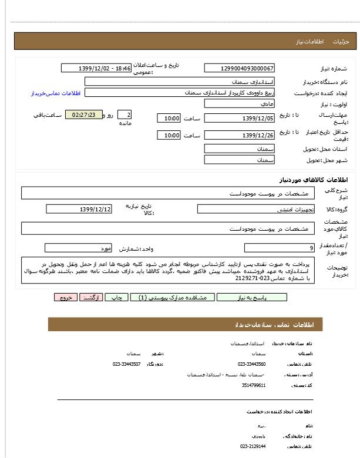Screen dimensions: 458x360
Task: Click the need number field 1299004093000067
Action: (x=240, y=69)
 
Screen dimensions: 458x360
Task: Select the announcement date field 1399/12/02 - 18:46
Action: (x=95, y=69)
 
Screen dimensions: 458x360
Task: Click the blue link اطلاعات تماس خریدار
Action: (x=55, y=93)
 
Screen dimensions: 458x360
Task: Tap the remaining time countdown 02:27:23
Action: (x=84, y=114)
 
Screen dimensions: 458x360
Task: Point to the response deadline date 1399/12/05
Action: (x=240, y=118)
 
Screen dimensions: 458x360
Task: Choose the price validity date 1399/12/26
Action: (x=240, y=136)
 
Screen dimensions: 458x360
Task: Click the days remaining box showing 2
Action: (x=125, y=114)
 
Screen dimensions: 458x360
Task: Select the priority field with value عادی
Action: (x=240, y=104)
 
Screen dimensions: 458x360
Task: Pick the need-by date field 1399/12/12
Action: (x=79, y=209)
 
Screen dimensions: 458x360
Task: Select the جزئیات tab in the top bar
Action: (x=341, y=42)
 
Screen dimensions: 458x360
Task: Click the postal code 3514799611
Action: (x=254, y=385)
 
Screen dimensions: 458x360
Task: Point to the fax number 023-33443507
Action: (x=127, y=364)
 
